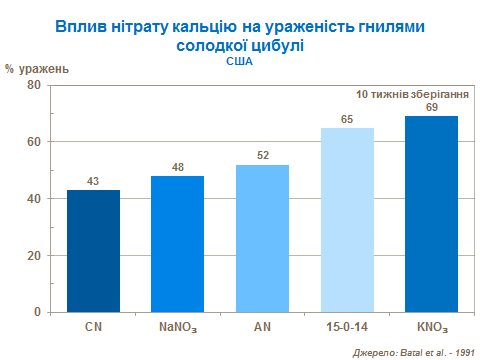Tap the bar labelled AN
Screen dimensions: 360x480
[262, 238]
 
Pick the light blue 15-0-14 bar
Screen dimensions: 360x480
[347, 219]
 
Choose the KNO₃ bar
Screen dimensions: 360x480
[431, 213]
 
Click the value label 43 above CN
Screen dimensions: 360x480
[93, 181]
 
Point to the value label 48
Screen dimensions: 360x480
[177, 167]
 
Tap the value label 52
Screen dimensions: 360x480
[262, 156]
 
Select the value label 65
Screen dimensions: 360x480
[347, 119]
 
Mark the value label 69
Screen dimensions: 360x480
[431, 107]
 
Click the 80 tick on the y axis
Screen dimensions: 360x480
[33, 86]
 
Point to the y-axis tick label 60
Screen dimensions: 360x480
[33, 142]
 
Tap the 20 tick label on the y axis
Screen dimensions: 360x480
[33, 255]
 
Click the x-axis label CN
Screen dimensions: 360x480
[93, 327]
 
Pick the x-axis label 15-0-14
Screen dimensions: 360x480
[347, 327]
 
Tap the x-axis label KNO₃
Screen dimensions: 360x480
[431, 327]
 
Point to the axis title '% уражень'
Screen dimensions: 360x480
[37, 69]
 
